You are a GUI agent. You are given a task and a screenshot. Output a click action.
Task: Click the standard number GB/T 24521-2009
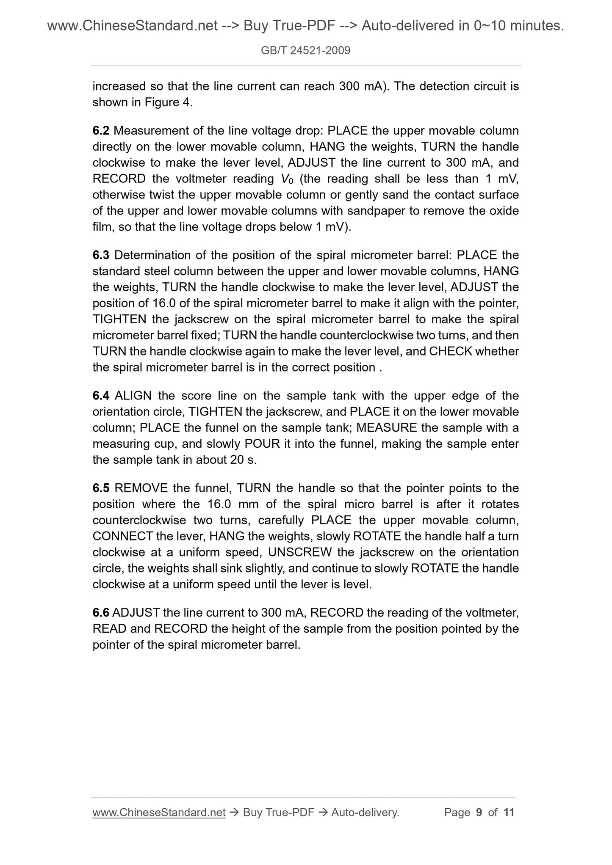305,51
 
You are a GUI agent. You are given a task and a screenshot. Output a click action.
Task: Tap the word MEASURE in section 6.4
386,428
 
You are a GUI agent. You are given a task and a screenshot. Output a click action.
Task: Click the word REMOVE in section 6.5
141,488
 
